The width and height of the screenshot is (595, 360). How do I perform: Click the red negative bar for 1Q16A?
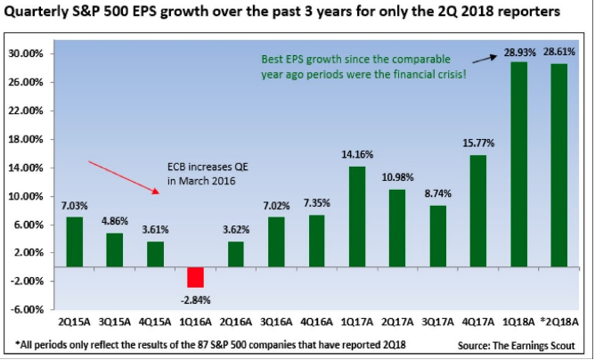[x=195, y=276]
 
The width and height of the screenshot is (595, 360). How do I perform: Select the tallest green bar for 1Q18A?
[x=518, y=164]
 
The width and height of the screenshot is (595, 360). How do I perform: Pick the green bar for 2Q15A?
[x=76, y=241]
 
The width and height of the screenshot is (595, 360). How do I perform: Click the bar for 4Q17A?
[x=478, y=210]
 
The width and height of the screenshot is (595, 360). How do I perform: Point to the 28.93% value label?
[x=518, y=53]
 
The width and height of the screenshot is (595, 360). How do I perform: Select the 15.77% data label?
[x=478, y=145]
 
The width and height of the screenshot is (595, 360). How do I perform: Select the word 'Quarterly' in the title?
[x=41, y=13]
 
